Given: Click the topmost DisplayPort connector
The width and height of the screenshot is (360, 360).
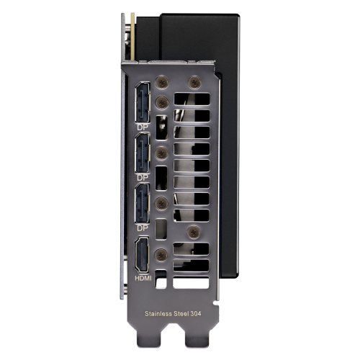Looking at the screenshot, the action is click(x=143, y=102).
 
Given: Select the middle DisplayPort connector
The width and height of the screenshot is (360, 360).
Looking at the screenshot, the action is click(x=143, y=153).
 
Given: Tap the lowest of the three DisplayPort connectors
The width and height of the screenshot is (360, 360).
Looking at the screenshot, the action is click(x=143, y=204).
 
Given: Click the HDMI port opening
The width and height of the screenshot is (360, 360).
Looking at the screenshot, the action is click(x=142, y=255).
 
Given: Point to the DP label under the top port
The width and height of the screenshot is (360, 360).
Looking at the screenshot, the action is click(x=143, y=127).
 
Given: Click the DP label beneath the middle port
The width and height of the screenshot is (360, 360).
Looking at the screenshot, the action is click(x=143, y=178).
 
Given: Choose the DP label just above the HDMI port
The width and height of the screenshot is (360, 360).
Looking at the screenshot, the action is click(x=143, y=228).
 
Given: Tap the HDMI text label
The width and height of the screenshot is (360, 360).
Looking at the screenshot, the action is click(x=143, y=279).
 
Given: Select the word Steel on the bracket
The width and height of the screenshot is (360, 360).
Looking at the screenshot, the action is click(x=181, y=314).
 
